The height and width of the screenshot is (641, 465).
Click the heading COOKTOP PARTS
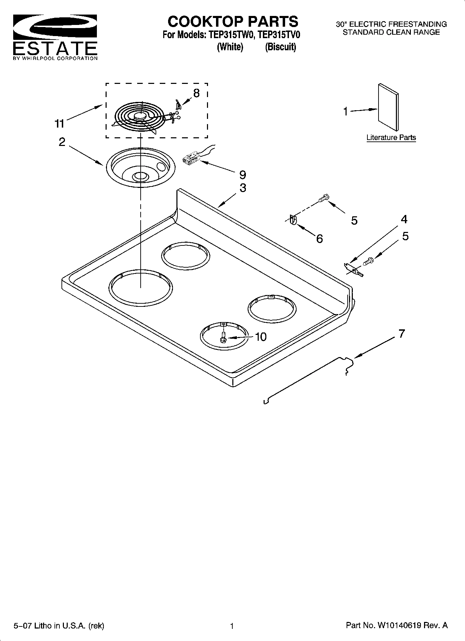(233, 21)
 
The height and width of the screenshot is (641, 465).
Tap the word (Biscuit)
(280, 47)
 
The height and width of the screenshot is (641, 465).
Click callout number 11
(59, 123)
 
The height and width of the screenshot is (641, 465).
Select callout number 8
(196, 93)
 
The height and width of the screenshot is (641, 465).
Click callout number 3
(243, 188)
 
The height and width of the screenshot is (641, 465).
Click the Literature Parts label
(391, 138)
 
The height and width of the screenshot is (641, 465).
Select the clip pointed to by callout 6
(293, 220)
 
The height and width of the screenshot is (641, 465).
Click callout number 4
(404, 219)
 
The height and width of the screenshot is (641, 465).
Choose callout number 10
(260, 337)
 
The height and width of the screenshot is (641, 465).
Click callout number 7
(401, 334)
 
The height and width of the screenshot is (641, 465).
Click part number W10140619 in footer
(399, 625)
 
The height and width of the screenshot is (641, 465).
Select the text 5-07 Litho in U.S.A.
(59, 626)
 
